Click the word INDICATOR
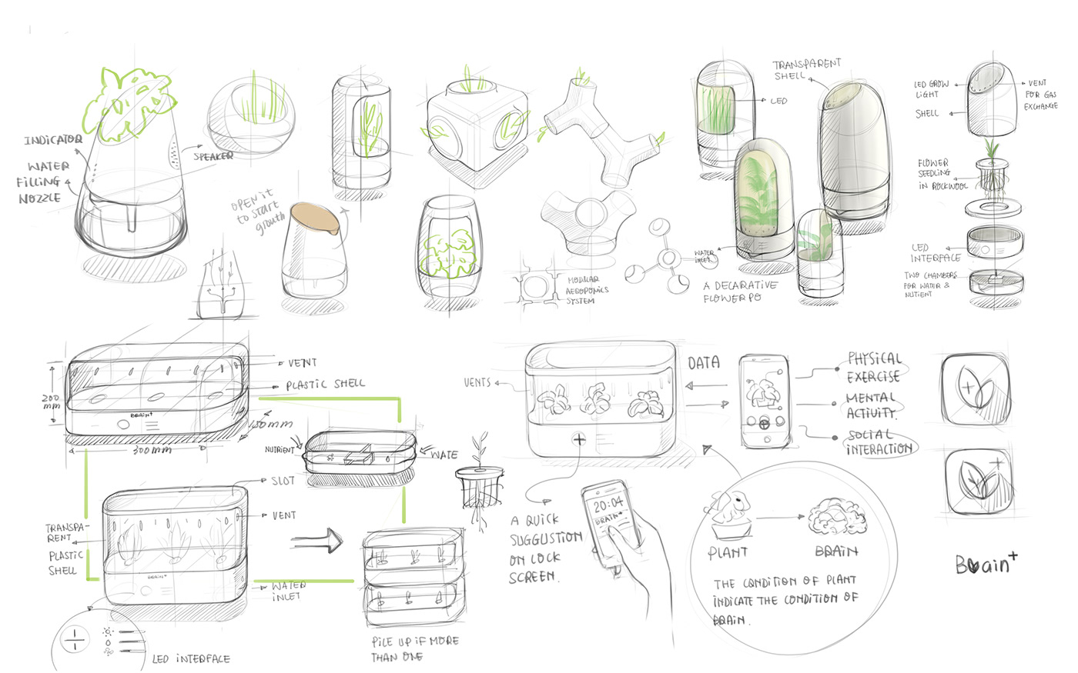52,140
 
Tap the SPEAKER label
213,156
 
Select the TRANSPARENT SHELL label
806,69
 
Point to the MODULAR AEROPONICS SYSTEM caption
587,291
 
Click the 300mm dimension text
152,450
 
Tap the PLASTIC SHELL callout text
325,384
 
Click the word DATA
703,363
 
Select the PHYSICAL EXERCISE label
873,368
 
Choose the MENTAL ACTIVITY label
871,405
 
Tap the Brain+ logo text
985,564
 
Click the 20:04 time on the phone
608,505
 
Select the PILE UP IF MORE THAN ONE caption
414,648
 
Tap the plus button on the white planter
578,440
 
